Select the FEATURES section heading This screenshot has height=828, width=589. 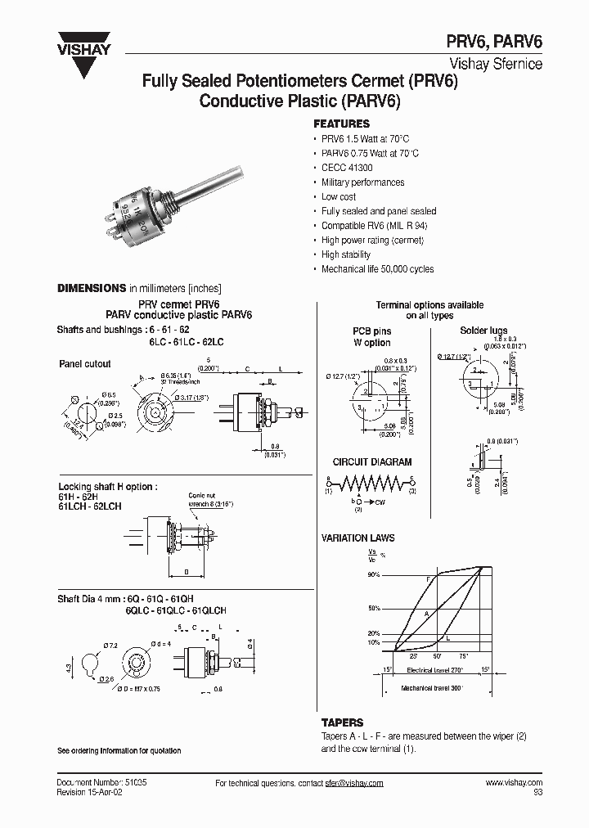[x=341, y=124]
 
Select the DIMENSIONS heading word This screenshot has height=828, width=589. [x=90, y=288]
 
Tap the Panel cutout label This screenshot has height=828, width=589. [x=84, y=363]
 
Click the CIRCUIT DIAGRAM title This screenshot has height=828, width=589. [x=372, y=462]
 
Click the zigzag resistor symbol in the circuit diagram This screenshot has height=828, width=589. [x=372, y=480]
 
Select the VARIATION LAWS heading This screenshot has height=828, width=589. [x=357, y=538]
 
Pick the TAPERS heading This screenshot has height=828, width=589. [x=342, y=723]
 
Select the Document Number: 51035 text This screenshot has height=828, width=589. [x=101, y=783]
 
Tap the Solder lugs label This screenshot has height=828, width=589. [x=484, y=331]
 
